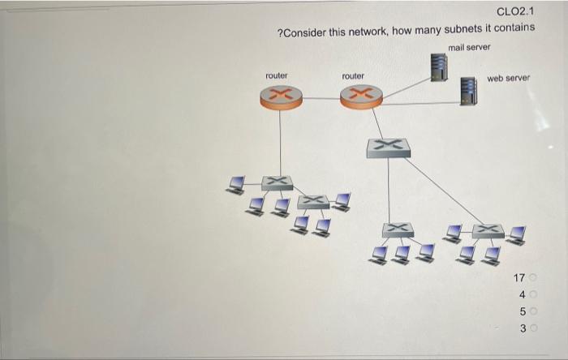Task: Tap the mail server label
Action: [x=469, y=47]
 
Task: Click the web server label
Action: [x=509, y=79]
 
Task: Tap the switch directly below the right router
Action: [x=388, y=147]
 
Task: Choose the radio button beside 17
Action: [x=535, y=279]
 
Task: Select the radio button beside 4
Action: [x=535, y=295]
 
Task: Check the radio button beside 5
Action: [x=535, y=311]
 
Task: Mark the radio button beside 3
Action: [x=535, y=328]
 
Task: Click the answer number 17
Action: [x=519, y=279]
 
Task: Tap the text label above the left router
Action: [x=277, y=75]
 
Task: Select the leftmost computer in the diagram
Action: [x=236, y=186]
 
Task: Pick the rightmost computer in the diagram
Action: [x=516, y=234]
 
